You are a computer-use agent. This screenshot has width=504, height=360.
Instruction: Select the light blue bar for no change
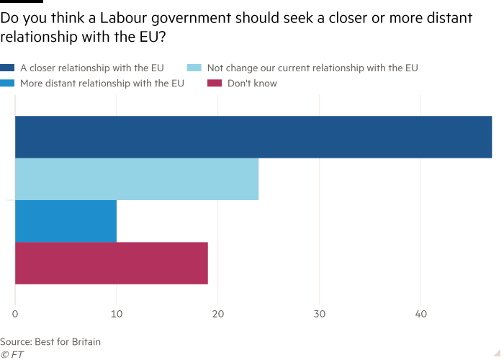tap(137, 179)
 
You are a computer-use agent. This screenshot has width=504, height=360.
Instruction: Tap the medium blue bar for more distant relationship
tap(66, 221)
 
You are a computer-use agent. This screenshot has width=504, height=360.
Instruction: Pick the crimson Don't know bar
tap(112, 263)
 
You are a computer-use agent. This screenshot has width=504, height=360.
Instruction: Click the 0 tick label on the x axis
tap(15, 315)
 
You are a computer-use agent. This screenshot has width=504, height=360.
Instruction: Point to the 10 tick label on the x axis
tap(116, 315)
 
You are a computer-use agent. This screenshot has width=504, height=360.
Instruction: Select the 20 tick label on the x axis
tap(217, 315)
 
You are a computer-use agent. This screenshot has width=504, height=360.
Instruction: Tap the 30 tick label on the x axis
tap(319, 315)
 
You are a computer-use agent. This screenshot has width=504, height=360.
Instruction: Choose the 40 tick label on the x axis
tap(420, 315)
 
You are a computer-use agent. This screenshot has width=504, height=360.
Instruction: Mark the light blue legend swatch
tap(193, 68)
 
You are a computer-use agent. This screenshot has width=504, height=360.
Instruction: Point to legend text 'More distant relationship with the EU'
tap(102, 84)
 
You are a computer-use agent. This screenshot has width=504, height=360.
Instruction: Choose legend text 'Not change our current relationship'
tap(312, 68)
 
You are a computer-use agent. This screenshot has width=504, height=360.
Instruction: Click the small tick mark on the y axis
tap(10, 200)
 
